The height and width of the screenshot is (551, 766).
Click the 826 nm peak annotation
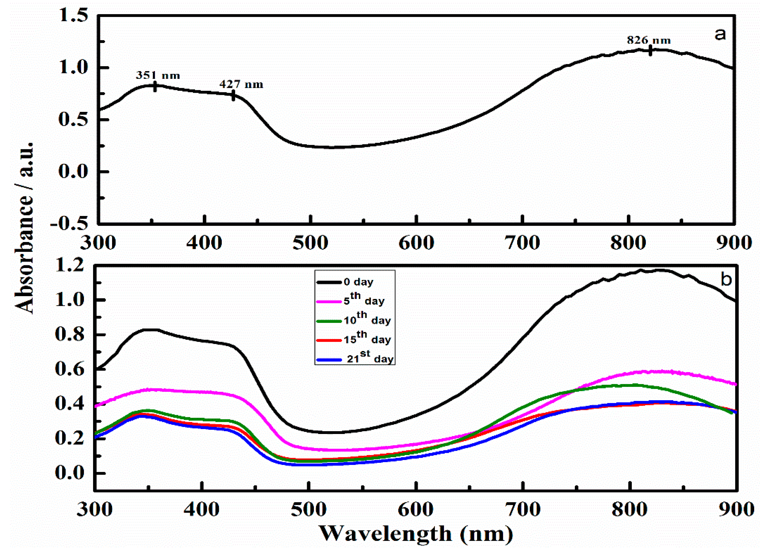tap(649, 40)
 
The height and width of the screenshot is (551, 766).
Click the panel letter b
tap(726, 279)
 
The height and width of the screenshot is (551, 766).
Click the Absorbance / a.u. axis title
tap(24, 228)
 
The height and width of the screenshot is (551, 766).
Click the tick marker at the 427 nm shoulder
tap(233, 96)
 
